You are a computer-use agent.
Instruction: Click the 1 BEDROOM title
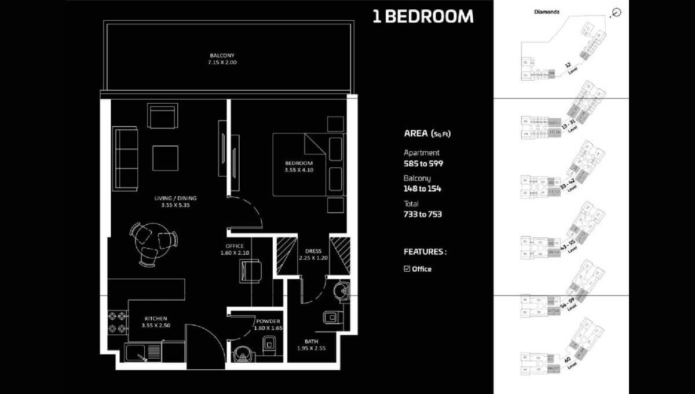point(423,17)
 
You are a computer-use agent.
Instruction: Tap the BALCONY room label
point(224,59)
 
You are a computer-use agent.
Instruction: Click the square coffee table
point(165,158)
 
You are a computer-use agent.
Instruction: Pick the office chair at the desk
point(251,271)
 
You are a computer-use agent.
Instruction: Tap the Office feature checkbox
point(407,269)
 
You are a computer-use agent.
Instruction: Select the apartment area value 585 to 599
point(423,163)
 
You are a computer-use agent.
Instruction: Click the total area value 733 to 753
point(423,214)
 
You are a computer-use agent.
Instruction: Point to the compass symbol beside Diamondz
point(616,12)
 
